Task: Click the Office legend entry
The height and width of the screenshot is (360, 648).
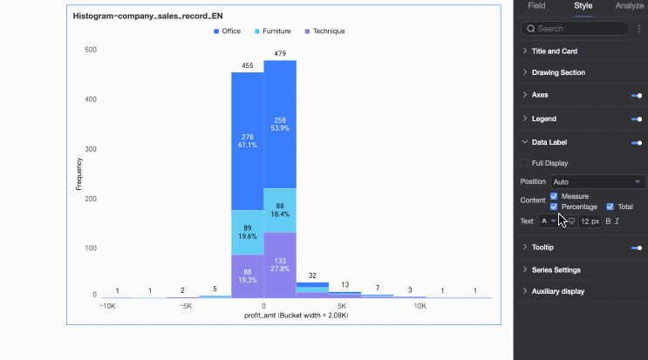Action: [228, 31]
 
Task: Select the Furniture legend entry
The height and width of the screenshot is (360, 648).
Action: [272, 31]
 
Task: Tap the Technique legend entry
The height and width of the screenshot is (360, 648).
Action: [322, 31]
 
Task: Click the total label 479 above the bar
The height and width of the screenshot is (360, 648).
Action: [280, 54]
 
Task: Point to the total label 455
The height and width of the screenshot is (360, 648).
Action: [248, 65]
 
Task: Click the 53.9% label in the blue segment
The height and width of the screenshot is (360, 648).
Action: [280, 128]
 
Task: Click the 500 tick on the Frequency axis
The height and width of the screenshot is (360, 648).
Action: [91, 50]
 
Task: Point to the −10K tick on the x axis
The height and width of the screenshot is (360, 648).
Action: [107, 306]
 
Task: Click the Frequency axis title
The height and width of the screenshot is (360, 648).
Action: [78, 173]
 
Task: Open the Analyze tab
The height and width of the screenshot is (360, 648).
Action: [629, 6]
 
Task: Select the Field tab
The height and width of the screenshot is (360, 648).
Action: [536, 6]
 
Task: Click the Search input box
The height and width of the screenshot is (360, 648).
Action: [576, 29]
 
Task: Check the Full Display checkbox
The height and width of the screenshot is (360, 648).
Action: [524, 163]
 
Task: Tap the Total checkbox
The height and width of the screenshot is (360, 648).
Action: [610, 207]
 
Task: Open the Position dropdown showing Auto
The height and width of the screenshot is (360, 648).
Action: [597, 181]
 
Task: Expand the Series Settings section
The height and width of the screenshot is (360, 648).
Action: [556, 269]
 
